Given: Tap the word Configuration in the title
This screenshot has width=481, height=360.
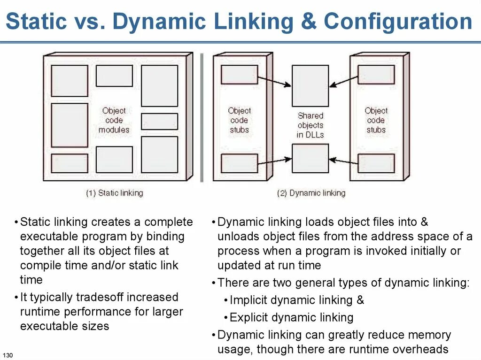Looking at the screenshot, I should (398, 22).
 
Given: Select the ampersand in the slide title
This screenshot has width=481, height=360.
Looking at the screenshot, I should (309, 22).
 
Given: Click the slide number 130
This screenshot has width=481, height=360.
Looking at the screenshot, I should (7, 353).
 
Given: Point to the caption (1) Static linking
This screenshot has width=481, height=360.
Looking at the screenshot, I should (114, 193).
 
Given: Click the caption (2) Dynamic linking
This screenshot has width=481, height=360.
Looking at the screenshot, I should (311, 193).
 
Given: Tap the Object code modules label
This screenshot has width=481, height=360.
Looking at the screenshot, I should (114, 120).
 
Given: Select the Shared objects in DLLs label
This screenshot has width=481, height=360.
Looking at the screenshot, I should (310, 125).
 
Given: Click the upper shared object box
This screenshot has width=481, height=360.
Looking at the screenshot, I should (310, 85).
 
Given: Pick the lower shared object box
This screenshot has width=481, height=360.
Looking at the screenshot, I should (310, 158).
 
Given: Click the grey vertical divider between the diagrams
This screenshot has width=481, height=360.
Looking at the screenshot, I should (202, 117).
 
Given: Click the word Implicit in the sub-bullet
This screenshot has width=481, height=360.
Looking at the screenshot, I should (248, 300).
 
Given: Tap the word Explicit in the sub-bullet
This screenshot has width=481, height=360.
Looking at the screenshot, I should (248, 318).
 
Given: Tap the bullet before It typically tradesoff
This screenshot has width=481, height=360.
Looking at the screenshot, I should (16, 298).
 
